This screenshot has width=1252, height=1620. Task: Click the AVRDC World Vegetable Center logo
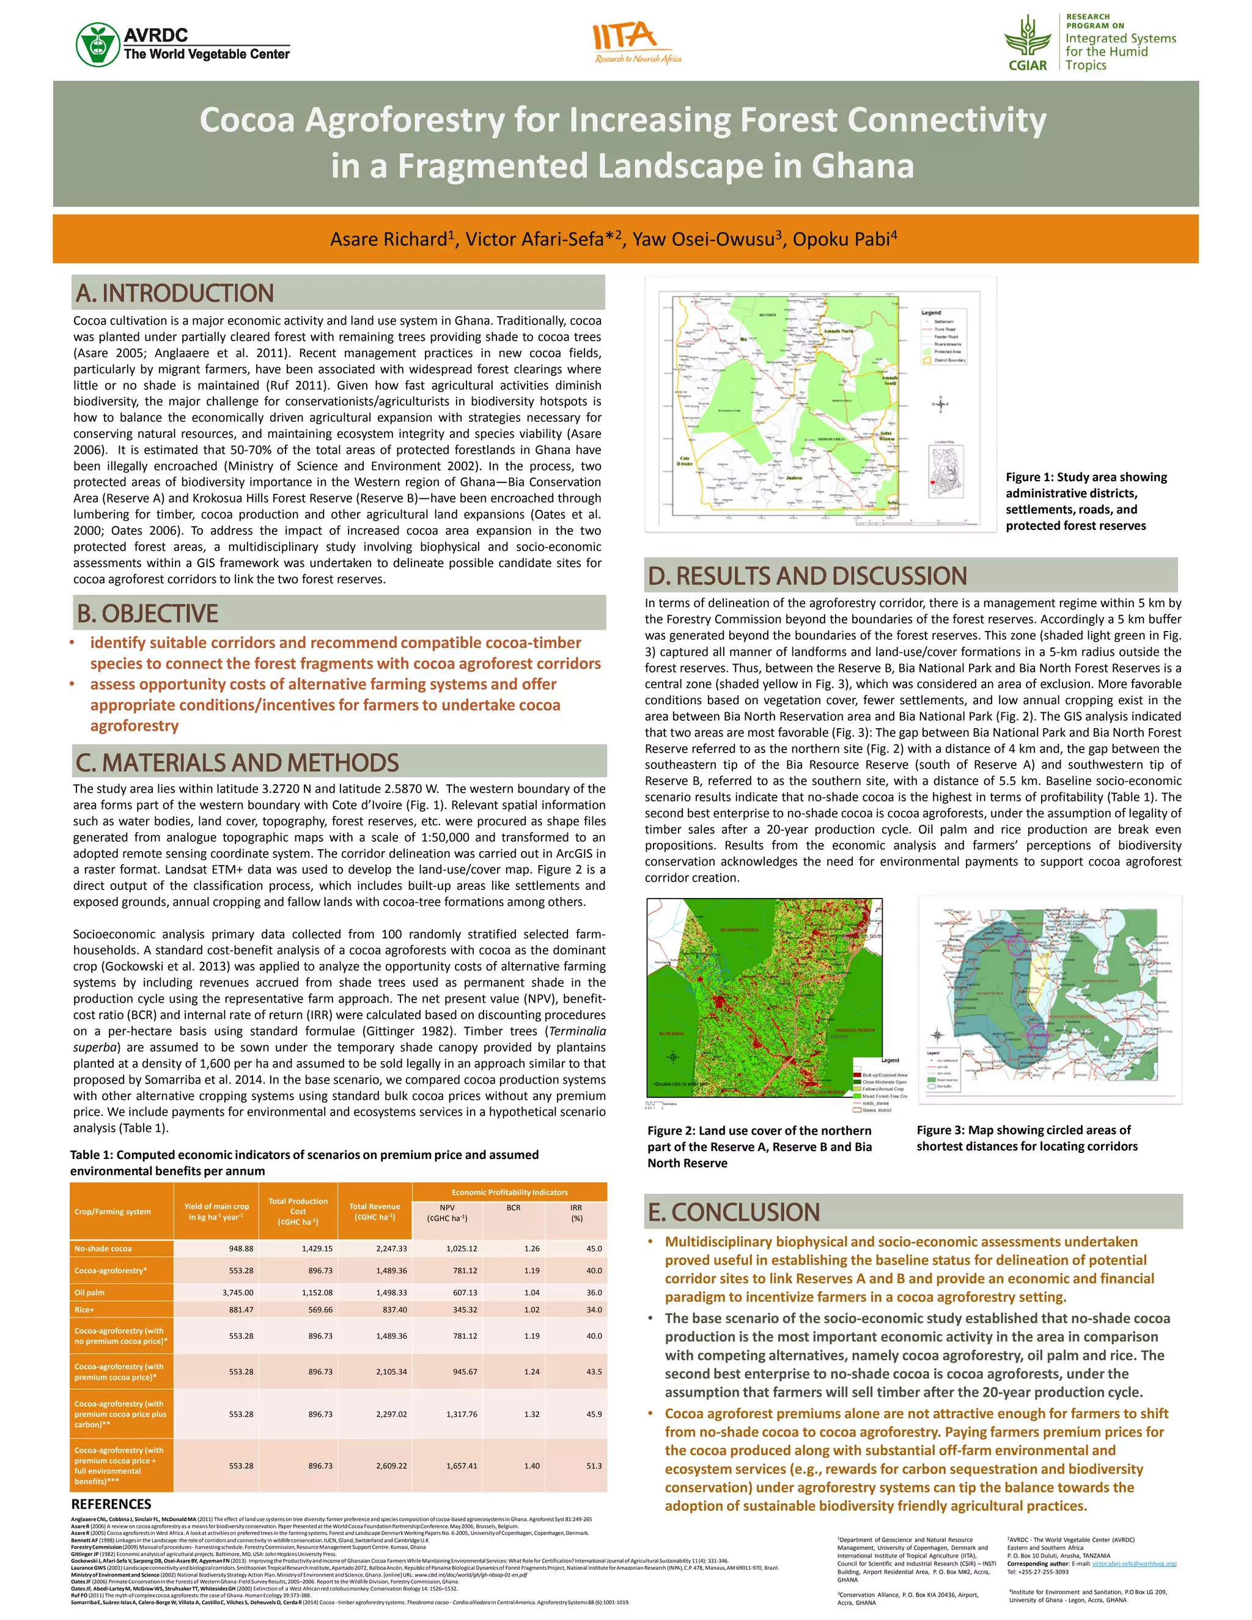click(182, 45)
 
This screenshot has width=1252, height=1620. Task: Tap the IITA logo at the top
click(636, 43)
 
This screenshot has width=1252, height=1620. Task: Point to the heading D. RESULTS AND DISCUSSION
click(807, 576)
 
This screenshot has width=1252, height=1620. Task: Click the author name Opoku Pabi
click(841, 239)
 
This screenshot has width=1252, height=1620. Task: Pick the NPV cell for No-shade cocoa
click(462, 1248)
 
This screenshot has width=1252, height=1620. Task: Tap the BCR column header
click(514, 1207)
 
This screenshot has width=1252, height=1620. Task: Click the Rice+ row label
click(84, 1310)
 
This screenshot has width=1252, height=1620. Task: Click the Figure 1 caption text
click(1085, 501)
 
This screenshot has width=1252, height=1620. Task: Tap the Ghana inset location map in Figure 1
click(946, 469)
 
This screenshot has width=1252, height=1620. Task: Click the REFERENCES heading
click(111, 1504)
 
